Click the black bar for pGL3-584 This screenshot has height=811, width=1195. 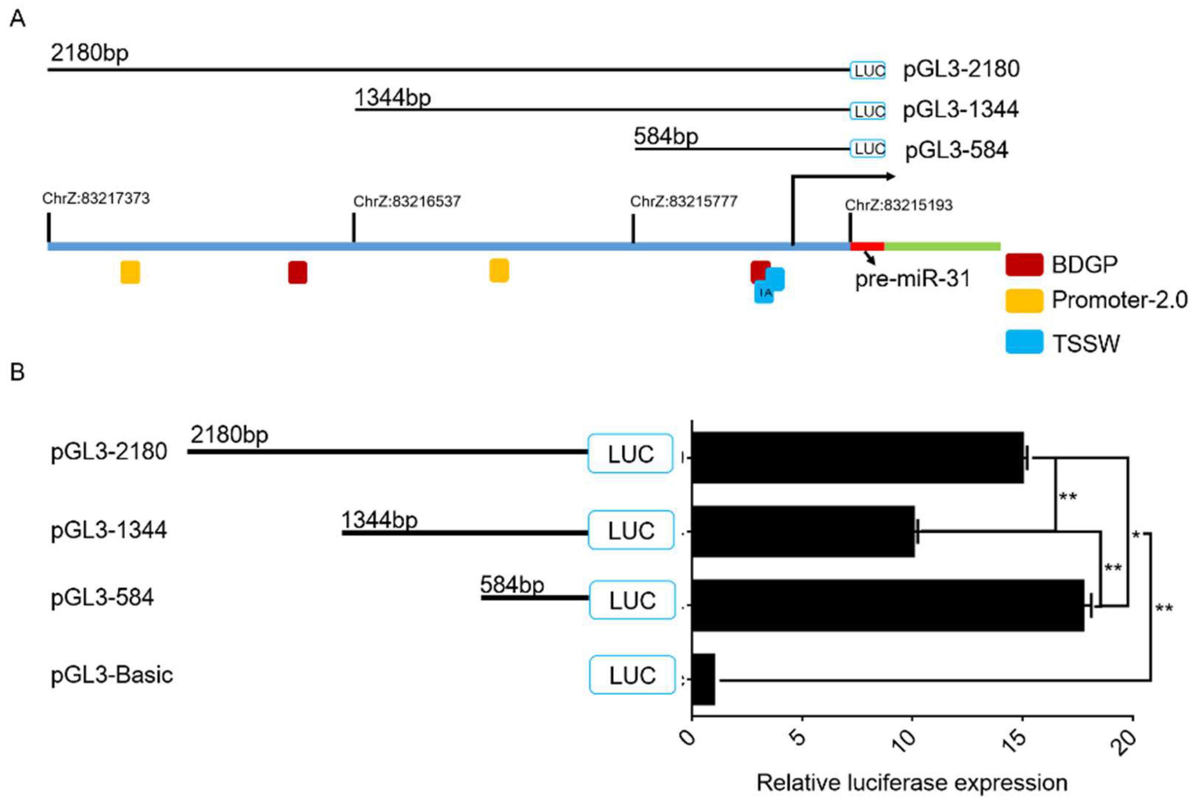pos(888,605)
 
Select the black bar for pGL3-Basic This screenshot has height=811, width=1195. pos(703,679)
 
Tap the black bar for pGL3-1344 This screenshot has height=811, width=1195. pos(803,531)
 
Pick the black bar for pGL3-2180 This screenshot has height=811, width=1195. pos(857,457)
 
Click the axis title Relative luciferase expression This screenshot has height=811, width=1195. pos(912,783)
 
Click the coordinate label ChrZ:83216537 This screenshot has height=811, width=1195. pos(407,201)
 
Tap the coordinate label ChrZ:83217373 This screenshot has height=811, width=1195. pos(96,198)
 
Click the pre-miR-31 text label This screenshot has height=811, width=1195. pos(912,279)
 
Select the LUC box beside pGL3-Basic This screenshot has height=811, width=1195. pos(632,675)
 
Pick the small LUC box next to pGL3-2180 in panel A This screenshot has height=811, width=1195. pos(868,70)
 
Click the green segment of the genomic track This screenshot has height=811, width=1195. pos(942,246)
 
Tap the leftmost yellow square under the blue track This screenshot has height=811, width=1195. pos(130,272)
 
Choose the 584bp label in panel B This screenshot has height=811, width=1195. pos(512,585)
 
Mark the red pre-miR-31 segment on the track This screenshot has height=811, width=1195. pos(867,246)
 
